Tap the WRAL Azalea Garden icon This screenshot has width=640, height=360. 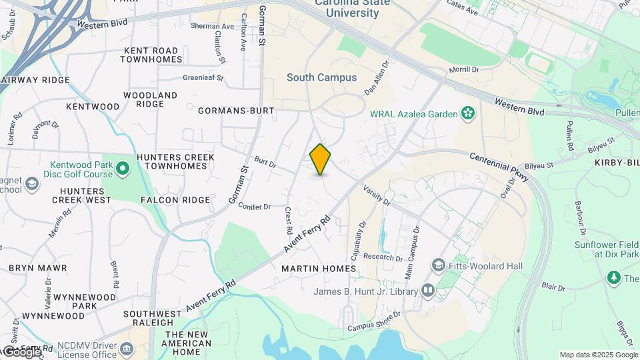[468, 113]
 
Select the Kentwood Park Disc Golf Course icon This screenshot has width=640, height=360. [123, 169]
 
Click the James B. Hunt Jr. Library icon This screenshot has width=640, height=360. [427, 291]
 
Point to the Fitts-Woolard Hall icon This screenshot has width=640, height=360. [438, 265]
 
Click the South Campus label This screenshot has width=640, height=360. [321, 77]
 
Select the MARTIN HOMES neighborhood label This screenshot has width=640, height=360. [319, 269]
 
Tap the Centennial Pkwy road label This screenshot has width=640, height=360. [499, 167]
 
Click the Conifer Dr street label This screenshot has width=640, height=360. [254, 206]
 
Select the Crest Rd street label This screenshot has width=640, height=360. [289, 219]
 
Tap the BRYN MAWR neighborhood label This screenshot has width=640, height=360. [37, 268]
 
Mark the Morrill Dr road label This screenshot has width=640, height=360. [464, 69]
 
